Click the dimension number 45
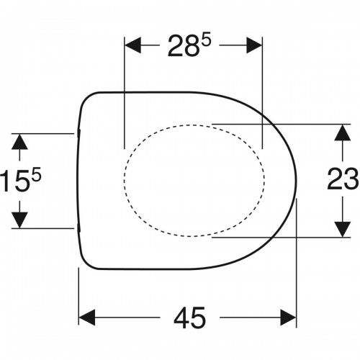pos(189,318)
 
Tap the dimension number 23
pos(343,179)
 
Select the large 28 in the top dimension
pos(183,46)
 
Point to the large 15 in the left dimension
pos(14,180)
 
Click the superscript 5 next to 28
pos(206,40)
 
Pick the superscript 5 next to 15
pos(37,174)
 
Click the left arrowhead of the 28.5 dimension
pos(132,45)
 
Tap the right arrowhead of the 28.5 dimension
pos(254,45)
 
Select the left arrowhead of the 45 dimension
pos(87,318)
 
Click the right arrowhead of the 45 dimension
pos(288,318)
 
